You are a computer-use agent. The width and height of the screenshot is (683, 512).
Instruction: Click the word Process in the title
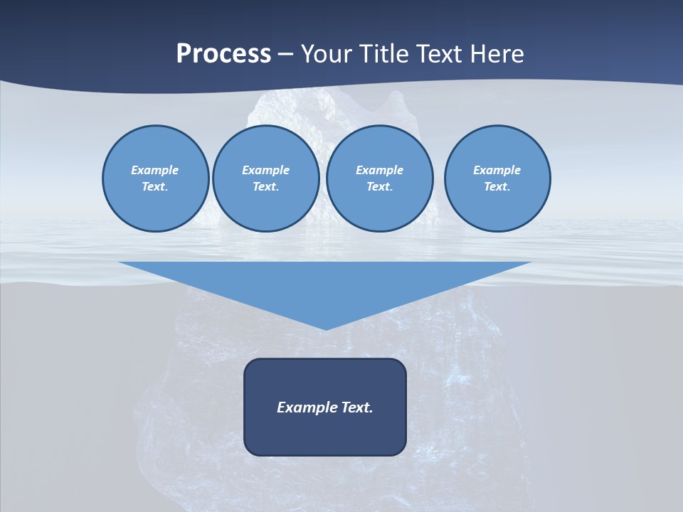(223, 54)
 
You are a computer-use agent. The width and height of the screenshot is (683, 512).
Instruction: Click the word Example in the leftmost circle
(155, 170)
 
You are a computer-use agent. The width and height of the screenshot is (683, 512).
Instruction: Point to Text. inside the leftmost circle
(155, 187)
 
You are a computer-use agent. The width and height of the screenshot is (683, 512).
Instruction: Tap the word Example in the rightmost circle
(497, 170)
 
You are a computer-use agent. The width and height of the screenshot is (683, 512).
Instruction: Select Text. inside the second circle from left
(265, 187)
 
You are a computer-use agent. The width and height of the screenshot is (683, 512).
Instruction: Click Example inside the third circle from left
(379, 170)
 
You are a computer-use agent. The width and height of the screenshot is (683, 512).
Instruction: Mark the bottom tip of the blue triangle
(325, 329)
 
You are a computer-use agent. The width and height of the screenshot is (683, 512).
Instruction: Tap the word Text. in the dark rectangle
(357, 407)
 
